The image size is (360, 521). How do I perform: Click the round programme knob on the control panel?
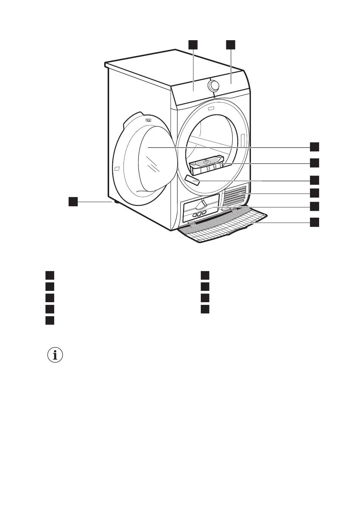[x=214, y=86]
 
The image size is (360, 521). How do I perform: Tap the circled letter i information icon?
[x=55, y=355]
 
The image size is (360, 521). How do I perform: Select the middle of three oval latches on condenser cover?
[x=199, y=214]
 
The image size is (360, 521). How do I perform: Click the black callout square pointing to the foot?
[x=73, y=201]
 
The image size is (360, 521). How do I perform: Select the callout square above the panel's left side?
[x=193, y=45]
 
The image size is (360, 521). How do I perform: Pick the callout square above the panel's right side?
[x=230, y=45]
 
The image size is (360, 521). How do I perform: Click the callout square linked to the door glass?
[x=314, y=147]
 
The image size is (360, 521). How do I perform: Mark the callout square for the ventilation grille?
[x=314, y=193]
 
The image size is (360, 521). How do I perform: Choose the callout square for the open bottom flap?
[x=314, y=222]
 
